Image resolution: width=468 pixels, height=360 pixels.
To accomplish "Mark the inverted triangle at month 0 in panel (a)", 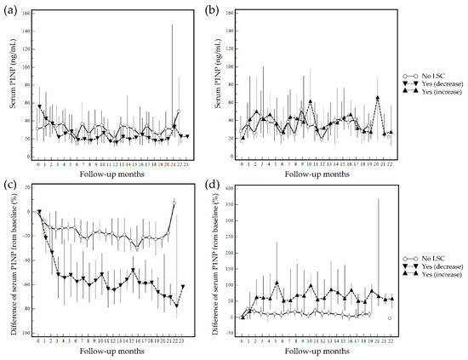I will click(x=39, y=106).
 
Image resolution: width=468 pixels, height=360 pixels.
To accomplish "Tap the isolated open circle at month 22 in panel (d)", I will click(x=389, y=317).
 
